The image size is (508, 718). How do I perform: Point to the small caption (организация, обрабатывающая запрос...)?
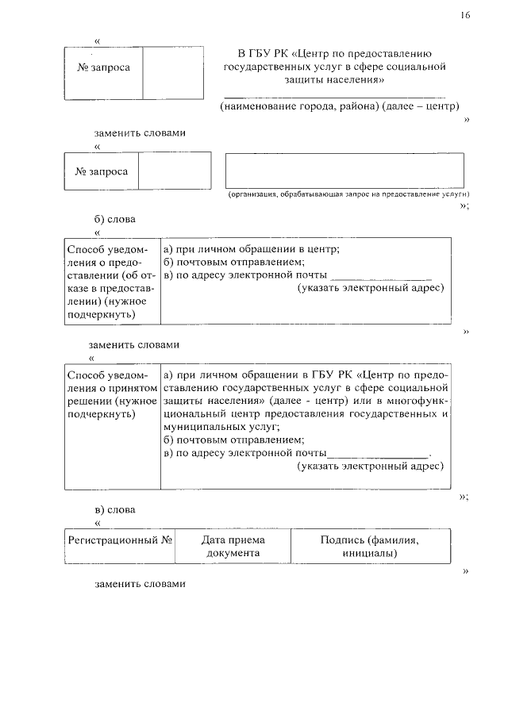click(x=348, y=194)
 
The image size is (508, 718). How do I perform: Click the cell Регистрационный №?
click(x=120, y=539)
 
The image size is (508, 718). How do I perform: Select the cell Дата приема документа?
click(x=233, y=546)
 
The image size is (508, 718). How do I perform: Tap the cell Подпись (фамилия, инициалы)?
click(x=369, y=546)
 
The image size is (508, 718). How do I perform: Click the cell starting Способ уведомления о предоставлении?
click(x=111, y=281)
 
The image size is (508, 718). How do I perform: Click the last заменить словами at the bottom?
click(x=140, y=584)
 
